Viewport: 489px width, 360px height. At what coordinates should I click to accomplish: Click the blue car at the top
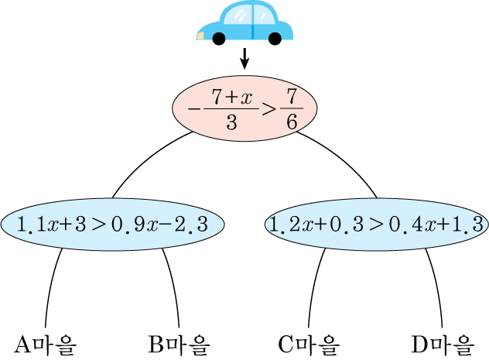pyautogui.click(x=244, y=21)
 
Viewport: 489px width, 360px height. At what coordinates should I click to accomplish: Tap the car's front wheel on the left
pyautogui.click(x=220, y=38)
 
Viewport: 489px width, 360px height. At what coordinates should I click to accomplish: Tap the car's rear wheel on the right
pyautogui.click(x=274, y=38)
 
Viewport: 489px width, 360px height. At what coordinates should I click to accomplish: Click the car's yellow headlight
pyautogui.click(x=201, y=35)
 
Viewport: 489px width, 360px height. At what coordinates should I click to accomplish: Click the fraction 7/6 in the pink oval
pyautogui.click(x=291, y=109)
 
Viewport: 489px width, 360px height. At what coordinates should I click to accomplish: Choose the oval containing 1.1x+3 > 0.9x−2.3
pyautogui.click(x=113, y=225)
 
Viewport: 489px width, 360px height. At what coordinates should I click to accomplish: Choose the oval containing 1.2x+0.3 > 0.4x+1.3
pyautogui.click(x=376, y=225)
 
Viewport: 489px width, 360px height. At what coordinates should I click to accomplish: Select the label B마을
pyautogui.click(x=179, y=344)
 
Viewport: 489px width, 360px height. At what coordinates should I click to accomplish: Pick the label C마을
pyautogui.click(x=309, y=344)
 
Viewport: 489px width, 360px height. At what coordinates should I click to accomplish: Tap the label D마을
pyautogui.click(x=442, y=344)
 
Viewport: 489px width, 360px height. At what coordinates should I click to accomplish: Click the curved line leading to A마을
pyautogui.click(x=50, y=286)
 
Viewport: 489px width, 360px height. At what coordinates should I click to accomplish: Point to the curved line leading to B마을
pyautogui.click(x=173, y=286)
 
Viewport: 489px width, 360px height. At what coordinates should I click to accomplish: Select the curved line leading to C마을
pyautogui.click(x=313, y=286)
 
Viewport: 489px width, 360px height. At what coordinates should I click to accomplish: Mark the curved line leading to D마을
pyautogui.click(x=437, y=286)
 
